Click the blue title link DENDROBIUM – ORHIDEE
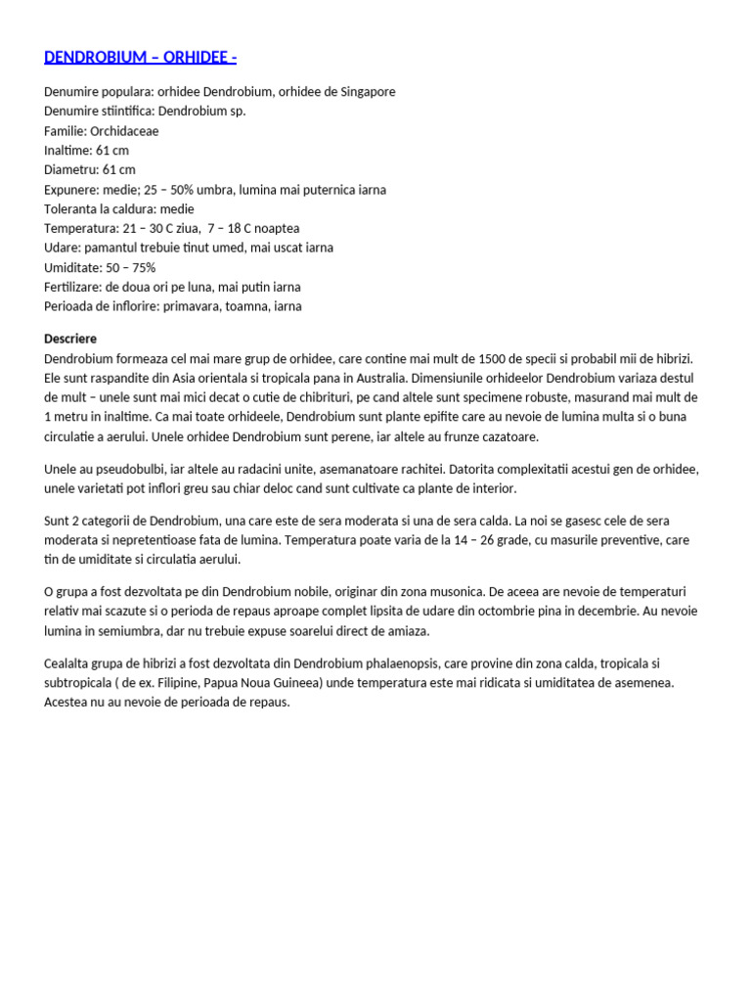pos(140,57)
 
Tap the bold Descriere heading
pos(70,339)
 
